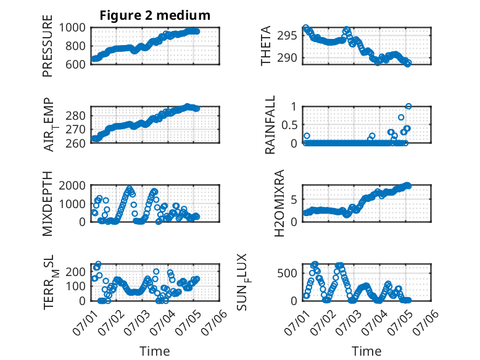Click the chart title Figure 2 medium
point(155,15)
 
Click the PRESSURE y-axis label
point(48,46)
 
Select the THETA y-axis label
point(266,46)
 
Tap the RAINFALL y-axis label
point(270,125)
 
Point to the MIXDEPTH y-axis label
point(48,203)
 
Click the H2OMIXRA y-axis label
point(279,203)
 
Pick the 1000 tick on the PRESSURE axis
point(72,28)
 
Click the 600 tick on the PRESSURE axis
point(76,64)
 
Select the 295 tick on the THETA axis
point(287,36)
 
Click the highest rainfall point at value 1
point(408,106)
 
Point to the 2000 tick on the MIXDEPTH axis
point(72,185)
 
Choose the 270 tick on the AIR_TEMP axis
point(76,129)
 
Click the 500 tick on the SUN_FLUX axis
point(287,274)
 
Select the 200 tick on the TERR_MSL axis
point(76,272)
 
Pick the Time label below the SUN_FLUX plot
point(366,351)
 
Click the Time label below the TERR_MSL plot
point(155,351)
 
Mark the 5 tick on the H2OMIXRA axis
point(294,199)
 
